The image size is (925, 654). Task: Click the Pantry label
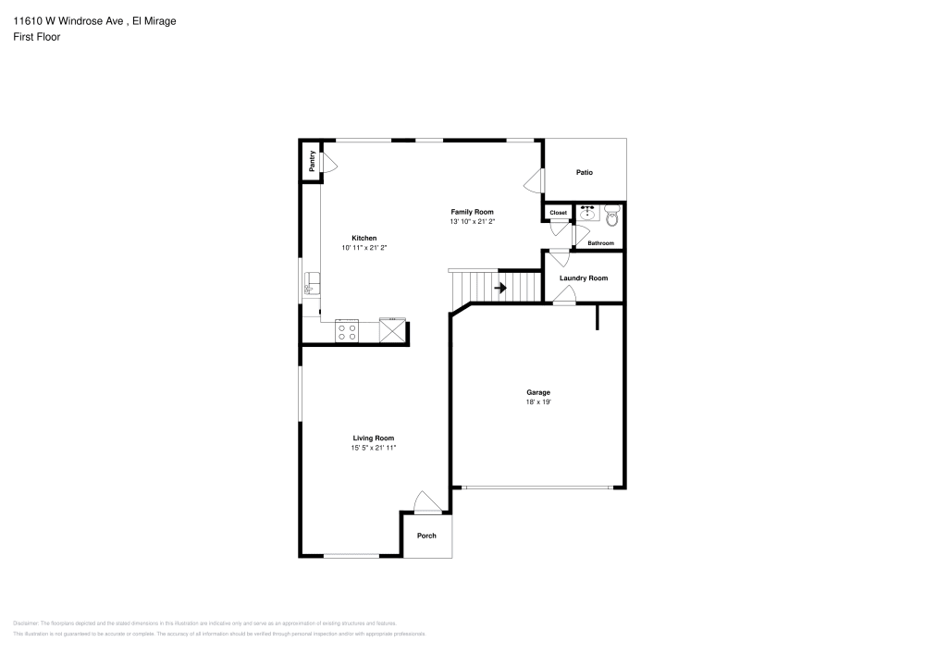[x=313, y=161]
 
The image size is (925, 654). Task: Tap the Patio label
[x=584, y=172]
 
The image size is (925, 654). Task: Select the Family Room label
[x=472, y=211]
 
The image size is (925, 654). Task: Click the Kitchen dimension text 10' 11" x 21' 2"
[x=364, y=247]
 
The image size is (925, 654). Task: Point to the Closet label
[x=558, y=213]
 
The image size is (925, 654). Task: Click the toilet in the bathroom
[x=611, y=217]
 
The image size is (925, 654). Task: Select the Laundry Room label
[x=583, y=278]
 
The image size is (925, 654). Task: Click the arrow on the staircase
[x=500, y=289]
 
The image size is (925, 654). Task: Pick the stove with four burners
[x=348, y=331]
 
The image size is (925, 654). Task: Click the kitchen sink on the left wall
[x=312, y=284]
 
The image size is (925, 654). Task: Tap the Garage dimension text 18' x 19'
[x=538, y=401]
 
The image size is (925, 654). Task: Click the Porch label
[x=426, y=536]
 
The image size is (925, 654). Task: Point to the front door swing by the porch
[x=425, y=502]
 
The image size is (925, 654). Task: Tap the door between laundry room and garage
[x=564, y=296]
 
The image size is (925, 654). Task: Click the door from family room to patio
[x=534, y=181]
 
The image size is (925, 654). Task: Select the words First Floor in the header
[x=36, y=37]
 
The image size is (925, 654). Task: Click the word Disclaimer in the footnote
[x=26, y=623]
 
